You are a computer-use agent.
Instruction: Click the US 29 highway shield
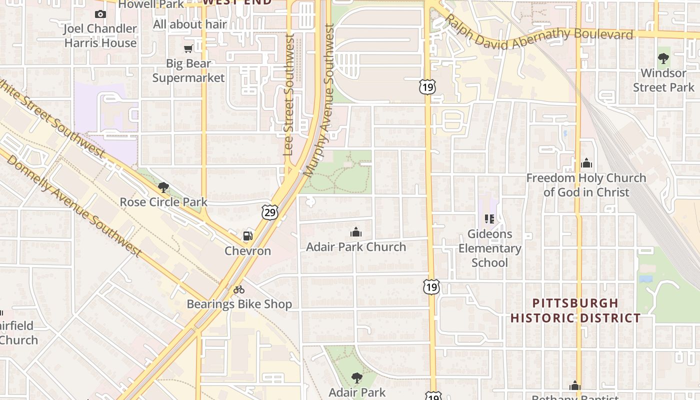(x=269, y=212)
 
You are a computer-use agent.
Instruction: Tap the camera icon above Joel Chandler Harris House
(x=100, y=14)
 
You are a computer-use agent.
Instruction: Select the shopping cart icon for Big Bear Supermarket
(x=188, y=48)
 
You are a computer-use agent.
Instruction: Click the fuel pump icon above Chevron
(x=247, y=236)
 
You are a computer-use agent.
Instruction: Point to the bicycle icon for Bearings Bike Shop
(x=239, y=289)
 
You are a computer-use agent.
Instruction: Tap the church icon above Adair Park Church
(x=356, y=232)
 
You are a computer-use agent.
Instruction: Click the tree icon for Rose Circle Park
(x=163, y=187)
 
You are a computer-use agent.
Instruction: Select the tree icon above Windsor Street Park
(x=663, y=58)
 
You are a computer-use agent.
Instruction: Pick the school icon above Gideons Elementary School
(x=489, y=218)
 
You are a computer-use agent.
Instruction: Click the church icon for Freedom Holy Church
(x=586, y=163)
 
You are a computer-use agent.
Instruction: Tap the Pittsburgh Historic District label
(x=575, y=310)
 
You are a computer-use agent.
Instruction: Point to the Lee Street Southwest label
(x=288, y=95)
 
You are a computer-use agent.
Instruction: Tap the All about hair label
(x=190, y=24)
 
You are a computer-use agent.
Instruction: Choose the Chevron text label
(x=247, y=251)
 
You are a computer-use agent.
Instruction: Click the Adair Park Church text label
(x=356, y=247)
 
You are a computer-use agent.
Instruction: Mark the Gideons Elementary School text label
(x=490, y=248)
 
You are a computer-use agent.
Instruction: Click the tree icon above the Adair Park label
(x=356, y=377)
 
